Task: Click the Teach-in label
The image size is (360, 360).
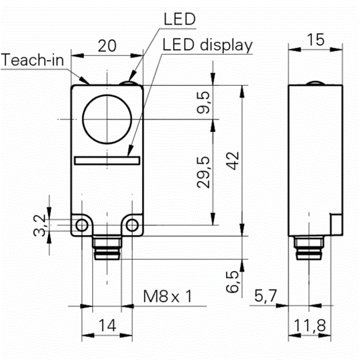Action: tap(32, 60)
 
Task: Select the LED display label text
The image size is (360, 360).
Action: tap(207, 45)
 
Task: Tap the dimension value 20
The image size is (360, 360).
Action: tap(107, 46)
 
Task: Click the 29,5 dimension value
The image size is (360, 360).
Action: tap(203, 172)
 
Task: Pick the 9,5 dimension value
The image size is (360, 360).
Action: tap(203, 103)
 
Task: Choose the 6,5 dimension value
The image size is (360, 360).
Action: tap(232, 282)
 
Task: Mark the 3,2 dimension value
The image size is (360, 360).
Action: tap(40, 225)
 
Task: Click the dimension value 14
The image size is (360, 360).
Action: tap(107, 325)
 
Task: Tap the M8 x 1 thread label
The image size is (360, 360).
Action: tap(167, 296)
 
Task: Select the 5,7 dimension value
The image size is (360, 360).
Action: tap(265, 296)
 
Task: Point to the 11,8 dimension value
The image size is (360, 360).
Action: tap(310, 325)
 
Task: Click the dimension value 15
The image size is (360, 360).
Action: tap(316, 40)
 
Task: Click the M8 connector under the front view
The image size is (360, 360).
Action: tap(107, 248)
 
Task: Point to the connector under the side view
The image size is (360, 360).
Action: tap(309, 248)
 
